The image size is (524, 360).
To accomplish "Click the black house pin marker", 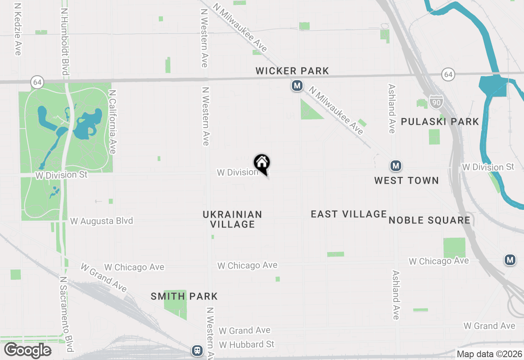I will (262, 163).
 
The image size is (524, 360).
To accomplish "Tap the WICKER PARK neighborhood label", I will (292, 71).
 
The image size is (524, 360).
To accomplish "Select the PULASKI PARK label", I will (440, 122).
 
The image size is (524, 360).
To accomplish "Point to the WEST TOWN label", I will (406, 180).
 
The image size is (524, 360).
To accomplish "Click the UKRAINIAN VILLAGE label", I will (232, 219).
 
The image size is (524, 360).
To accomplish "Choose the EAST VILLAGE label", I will (348, 214).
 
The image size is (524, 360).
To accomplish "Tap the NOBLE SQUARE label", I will (429, 220).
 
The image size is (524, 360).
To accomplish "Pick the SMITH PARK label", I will (184, 296).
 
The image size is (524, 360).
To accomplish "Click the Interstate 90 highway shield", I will (436, 102).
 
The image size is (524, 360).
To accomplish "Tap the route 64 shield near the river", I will (448, 74).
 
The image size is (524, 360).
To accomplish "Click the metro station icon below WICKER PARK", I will (297, 86).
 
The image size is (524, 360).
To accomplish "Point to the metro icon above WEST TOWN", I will (395, 166).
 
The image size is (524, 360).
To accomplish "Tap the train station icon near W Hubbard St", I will (197, 350).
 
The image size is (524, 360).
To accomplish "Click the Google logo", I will (27, 351).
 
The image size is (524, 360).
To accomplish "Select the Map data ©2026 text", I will (489, 354).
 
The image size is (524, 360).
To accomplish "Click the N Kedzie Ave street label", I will (17, 29).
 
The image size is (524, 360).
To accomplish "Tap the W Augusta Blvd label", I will (102, 221).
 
